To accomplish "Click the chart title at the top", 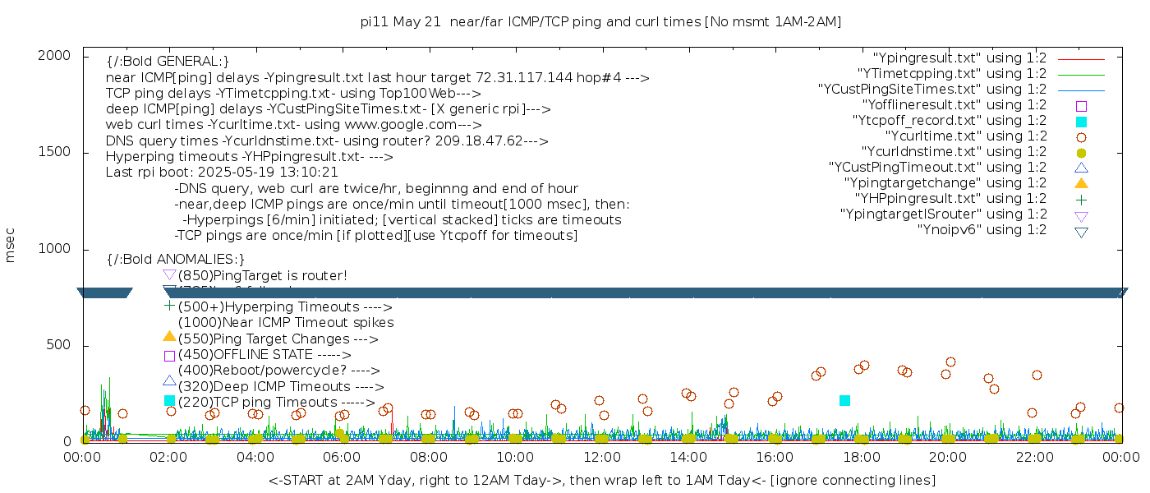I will click(601, 21).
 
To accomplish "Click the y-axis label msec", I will click(11, 246).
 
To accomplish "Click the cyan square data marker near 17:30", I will click(844, 400).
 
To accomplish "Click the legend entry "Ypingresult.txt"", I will click(959, 58).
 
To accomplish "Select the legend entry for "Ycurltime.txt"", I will click(965, 136).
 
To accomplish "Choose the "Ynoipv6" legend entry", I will click(982, 230).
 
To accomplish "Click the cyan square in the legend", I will click(1081, 122).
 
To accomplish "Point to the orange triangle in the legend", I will click(1081, 183).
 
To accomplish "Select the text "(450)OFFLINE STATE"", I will click(245, 355).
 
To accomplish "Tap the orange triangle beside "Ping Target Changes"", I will click(169, 337).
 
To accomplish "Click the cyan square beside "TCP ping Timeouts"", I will click(169, 401).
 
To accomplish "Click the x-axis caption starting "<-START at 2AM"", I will click(601, 480).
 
